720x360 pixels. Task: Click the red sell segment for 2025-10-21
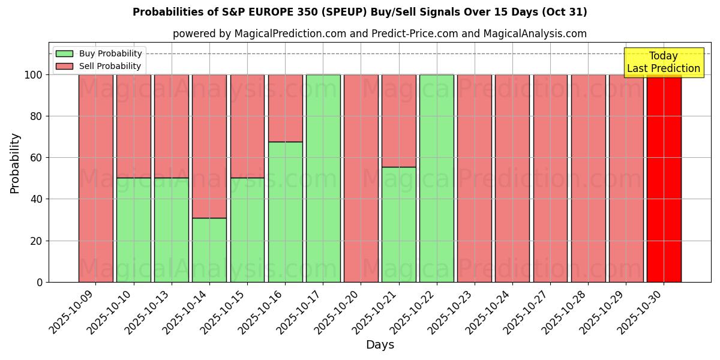[x=398, y=121]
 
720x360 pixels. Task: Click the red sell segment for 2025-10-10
[x=133, y=126]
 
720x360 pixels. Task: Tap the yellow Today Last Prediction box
[x=663, y=62]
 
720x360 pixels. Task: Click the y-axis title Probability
[x=15, y=163]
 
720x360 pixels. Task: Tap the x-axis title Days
[x=380, y=345]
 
